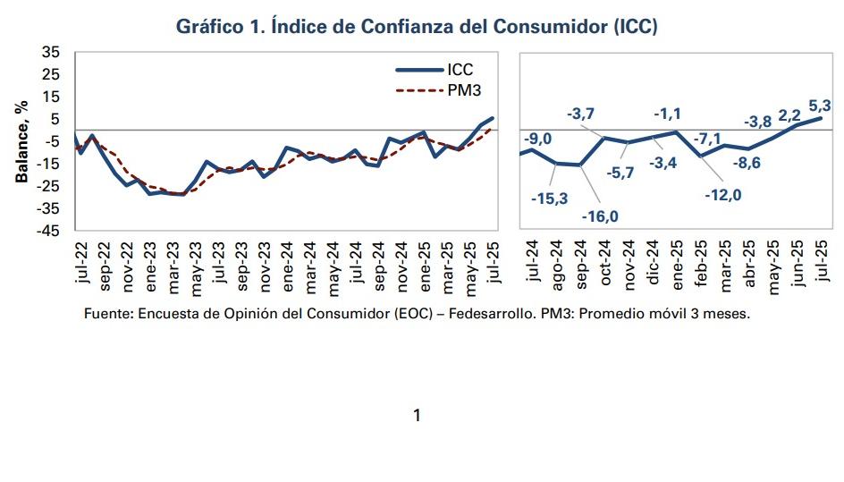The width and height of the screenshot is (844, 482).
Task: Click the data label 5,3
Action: [819, 104]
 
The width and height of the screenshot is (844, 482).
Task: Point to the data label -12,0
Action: [723, 194]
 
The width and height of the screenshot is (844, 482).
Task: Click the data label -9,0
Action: [538, 138]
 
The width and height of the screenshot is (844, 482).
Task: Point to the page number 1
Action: [416, 415]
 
